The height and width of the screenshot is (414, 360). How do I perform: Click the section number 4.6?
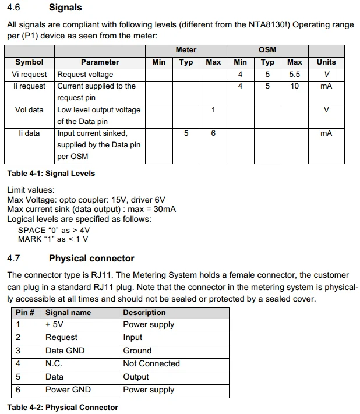point(13,8)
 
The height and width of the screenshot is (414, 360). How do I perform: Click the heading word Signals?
point(65,8)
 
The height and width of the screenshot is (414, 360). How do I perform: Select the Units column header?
point(326,62)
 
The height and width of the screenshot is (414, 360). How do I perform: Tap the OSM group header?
point(267,50)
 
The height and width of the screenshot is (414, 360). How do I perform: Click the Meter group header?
point(186,50)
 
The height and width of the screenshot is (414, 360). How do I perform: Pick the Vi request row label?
point(29,74)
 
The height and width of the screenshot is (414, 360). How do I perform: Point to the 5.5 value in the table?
point(295,74)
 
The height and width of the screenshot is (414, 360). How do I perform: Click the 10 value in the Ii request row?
point(295,86)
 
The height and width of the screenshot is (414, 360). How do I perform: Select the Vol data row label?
point(29,109)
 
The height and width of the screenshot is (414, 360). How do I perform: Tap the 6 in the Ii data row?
point(213,133)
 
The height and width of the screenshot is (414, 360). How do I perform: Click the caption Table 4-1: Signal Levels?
point(51,173)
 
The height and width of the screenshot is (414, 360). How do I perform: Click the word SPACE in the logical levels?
point(31,229)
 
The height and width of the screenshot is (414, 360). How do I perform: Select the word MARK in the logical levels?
point(30,239)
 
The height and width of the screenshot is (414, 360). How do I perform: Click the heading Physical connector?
point(91,258)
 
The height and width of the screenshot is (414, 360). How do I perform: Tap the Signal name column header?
point(68,312)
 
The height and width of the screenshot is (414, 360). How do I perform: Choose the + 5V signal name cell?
point(57,324)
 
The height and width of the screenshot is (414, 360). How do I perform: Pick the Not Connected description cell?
point(151,363)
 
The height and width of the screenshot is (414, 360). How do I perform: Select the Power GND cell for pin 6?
point(68,390)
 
